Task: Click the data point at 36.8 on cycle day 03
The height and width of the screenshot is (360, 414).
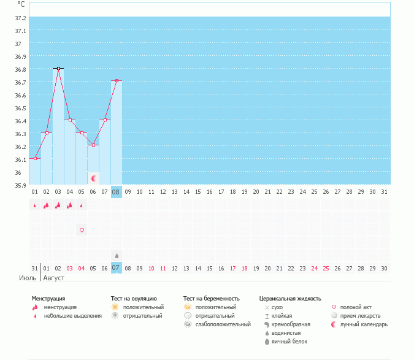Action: pos(58,69)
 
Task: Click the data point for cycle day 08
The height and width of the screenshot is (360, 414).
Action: pos(116,81)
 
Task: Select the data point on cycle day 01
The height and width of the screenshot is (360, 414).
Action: pos(35,159)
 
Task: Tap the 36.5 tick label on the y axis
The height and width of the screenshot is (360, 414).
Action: pos(20,108)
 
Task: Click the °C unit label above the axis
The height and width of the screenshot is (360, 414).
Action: pos(21,4)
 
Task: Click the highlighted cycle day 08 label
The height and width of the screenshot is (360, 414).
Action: pos(116,192)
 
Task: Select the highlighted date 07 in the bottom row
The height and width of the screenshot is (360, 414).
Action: pos(116,268)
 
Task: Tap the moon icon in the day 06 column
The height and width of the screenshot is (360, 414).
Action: pos(94,178)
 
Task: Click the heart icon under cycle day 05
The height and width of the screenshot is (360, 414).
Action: pos(82,231)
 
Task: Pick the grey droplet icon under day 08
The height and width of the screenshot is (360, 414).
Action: pos(116,255)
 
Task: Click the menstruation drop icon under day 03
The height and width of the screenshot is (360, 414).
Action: pos(58,205)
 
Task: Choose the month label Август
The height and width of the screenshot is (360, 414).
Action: pos(54,278)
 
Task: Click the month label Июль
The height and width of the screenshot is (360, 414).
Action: pos(28,278)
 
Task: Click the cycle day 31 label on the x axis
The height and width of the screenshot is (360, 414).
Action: pos(384,192)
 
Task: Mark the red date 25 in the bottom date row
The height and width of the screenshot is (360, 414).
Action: pos(326,268)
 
